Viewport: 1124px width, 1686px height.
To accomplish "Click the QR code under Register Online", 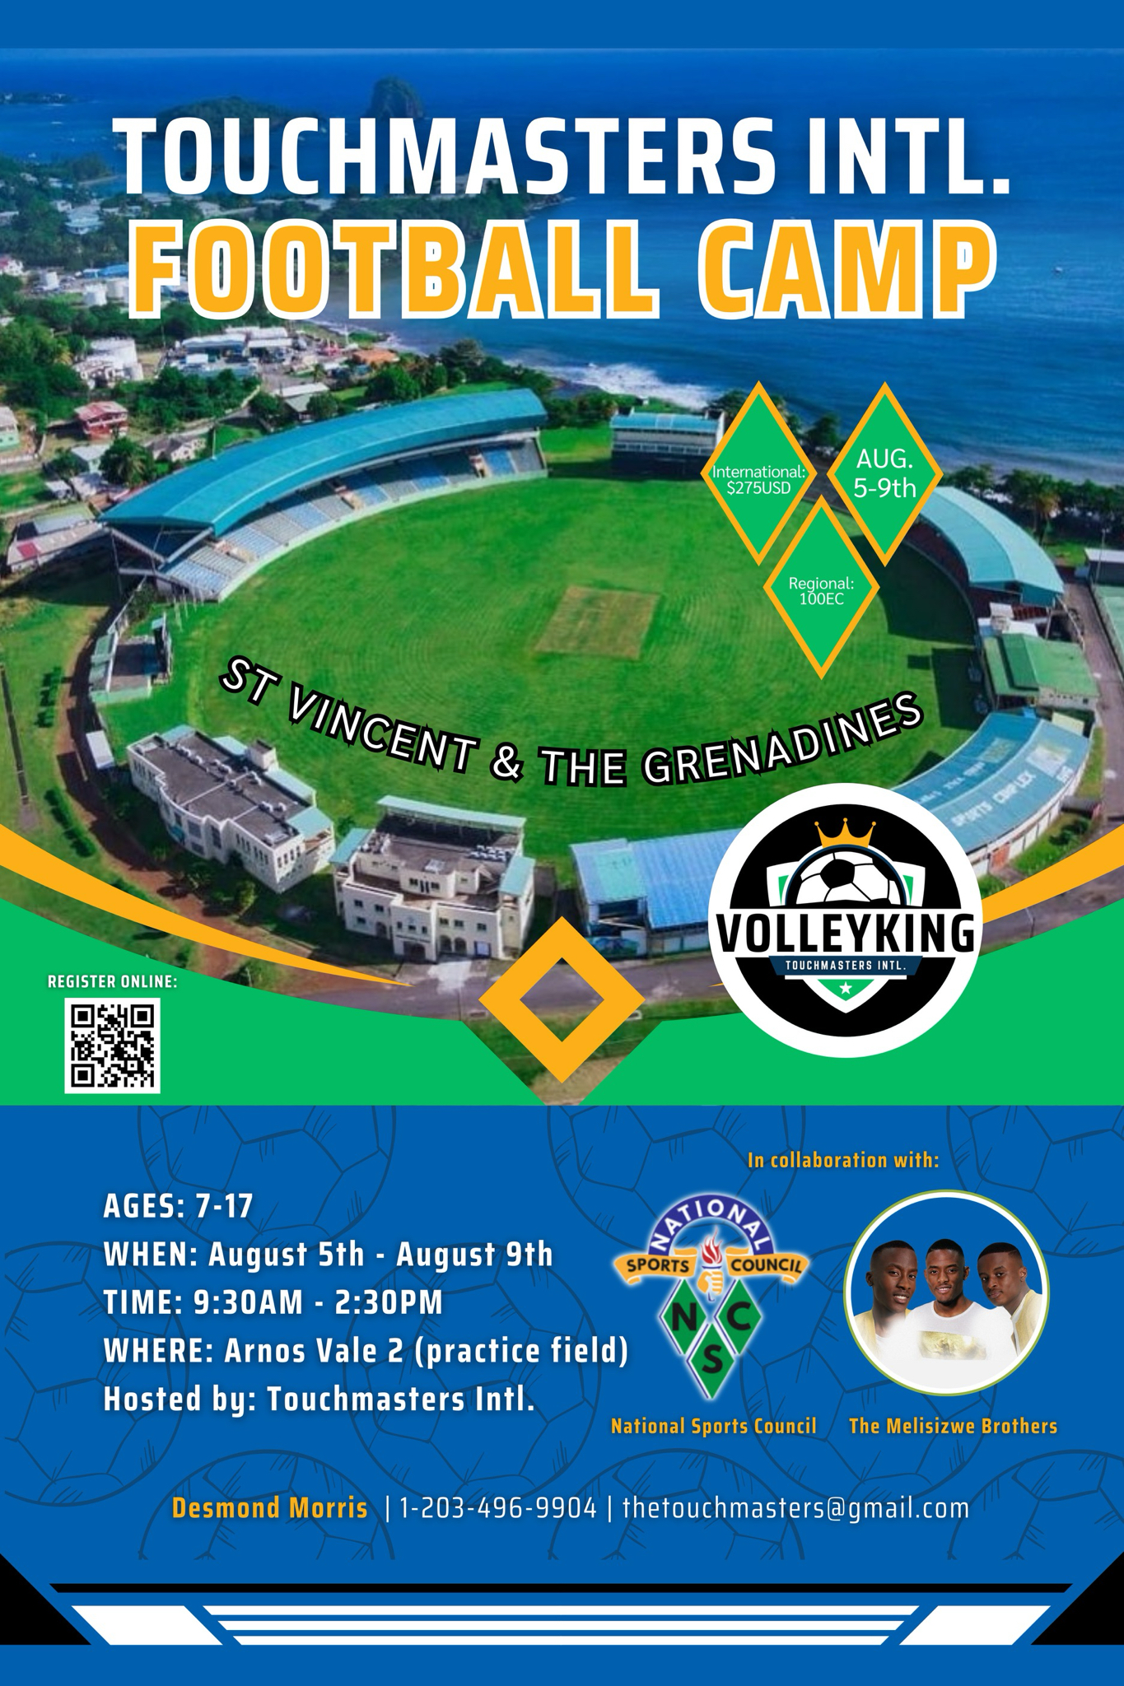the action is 113,1046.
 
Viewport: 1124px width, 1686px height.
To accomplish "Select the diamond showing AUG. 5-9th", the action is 885,474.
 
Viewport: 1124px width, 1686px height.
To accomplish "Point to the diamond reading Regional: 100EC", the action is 821,590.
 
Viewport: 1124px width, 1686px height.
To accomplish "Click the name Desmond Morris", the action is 270,1508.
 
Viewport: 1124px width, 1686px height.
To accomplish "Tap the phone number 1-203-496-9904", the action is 498,1508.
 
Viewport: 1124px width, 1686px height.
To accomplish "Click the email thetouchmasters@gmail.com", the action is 795,1508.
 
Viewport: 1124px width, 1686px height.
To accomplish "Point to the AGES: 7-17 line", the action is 178,1206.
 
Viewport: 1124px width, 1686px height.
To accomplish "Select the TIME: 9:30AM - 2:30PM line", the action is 273,1303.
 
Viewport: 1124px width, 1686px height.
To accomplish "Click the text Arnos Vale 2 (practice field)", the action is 427,1352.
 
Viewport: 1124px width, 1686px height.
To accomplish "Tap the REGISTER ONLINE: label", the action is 113,981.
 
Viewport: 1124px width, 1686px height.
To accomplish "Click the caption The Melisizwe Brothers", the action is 953,1427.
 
